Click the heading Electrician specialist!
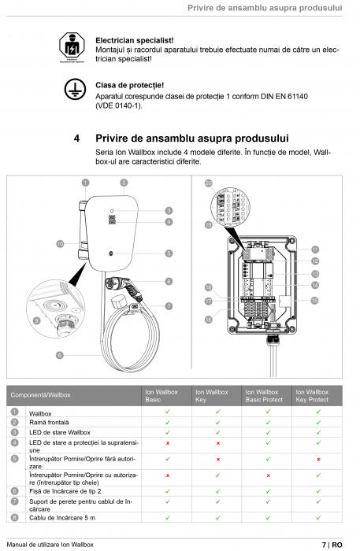tap(134, 39)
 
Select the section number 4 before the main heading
tap(76, 139)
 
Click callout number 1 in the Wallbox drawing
tap(85, 183)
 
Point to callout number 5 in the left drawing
tap(169, 253)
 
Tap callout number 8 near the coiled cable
tap(59, 355)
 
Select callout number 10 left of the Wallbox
tap(60, 245)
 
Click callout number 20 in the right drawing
tap(209, 183)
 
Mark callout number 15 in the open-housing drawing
tap(314, 301)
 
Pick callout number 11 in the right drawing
tap(314, 249)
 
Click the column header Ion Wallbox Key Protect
tap(312, 396)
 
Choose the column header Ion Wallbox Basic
tap(156, 396)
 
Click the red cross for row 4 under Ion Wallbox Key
tap(217, 443)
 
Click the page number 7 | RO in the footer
tap(331, 544)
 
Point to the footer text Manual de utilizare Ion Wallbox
tap(49, 544)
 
